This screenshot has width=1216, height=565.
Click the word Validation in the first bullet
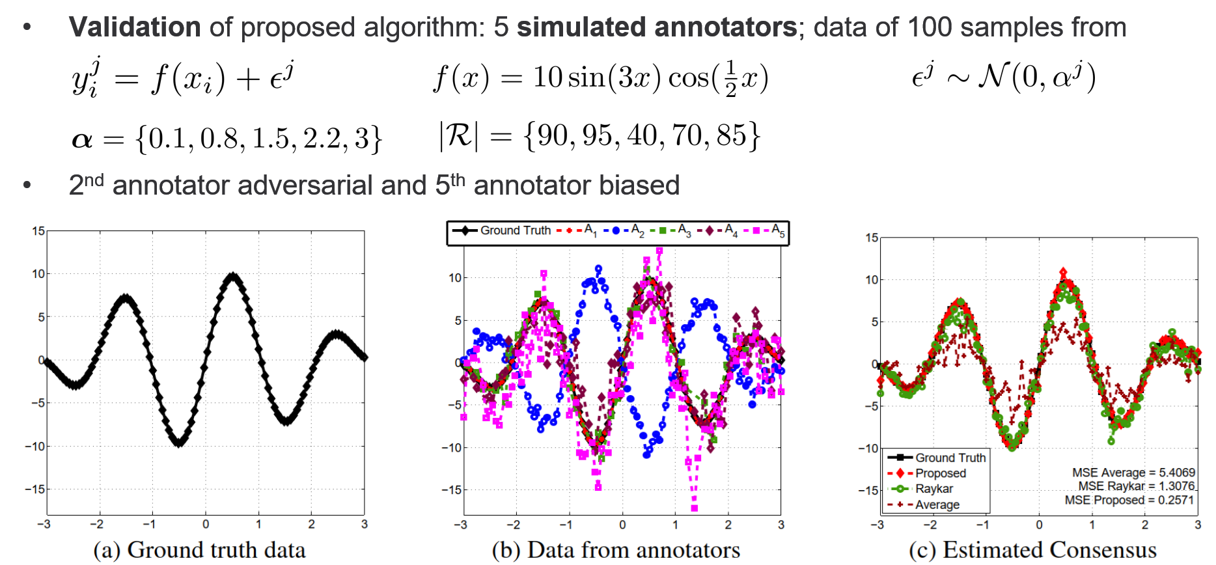click(x=135, y=27)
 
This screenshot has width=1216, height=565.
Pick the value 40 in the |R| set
click(x=641, y=135)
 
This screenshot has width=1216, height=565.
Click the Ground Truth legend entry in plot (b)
click(x=515, y=230)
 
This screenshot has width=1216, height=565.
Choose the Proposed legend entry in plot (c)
click(x=940, y=473)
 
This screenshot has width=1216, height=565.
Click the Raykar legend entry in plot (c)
click(x=933, y=489)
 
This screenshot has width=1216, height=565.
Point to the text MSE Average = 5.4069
click(x=1133, y=473)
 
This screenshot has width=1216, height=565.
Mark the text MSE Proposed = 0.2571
click(x=1129, y=500)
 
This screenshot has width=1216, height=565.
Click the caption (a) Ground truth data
click(x=199, y=550)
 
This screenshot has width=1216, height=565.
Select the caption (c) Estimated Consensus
click(x=1032, y=550)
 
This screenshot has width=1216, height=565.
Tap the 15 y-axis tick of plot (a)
click(x=38, y=231)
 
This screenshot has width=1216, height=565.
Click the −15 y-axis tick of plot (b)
click(x=450, y=489)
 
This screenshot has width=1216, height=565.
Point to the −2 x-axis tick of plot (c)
click(x=930, y=525)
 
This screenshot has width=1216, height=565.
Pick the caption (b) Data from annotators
click(x=616, y=550)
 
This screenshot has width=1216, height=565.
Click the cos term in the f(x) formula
click(x=689, y=78)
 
